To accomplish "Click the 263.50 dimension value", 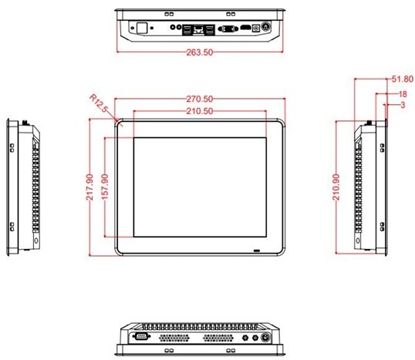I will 200,52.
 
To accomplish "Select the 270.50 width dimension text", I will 200,99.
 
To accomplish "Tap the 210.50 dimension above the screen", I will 199,113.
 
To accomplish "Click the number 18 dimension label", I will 402,93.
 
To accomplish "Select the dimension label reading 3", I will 402,104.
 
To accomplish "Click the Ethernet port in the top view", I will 199,30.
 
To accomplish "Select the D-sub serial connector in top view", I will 229,30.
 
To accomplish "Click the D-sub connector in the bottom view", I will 140,338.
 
